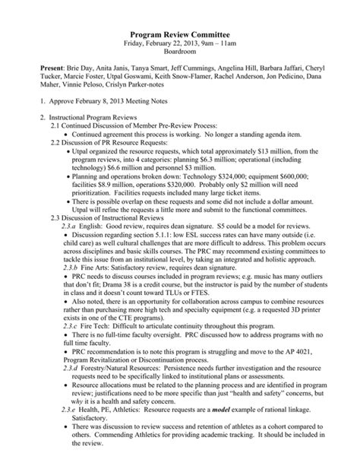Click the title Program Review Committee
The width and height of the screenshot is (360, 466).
tap(180, 34)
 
